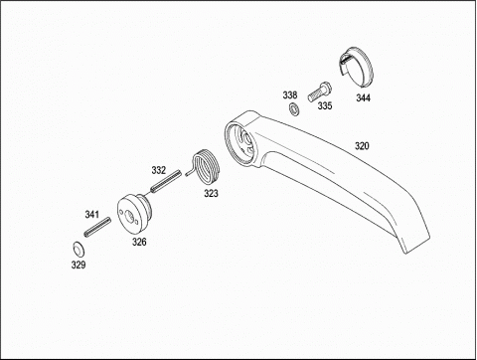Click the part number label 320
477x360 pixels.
(x=362, y=146)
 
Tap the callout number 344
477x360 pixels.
(x=363, y=97)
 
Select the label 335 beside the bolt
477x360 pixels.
(x=325, y=105)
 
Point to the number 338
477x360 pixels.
(x=290, y=95)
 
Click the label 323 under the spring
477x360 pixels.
(x=211, y=193)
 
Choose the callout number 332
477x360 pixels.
(x=158, y=170)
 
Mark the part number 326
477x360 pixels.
(x=139, y=242)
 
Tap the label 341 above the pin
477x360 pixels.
(x=91, y=215)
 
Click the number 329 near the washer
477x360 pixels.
(x=79, y=265)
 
